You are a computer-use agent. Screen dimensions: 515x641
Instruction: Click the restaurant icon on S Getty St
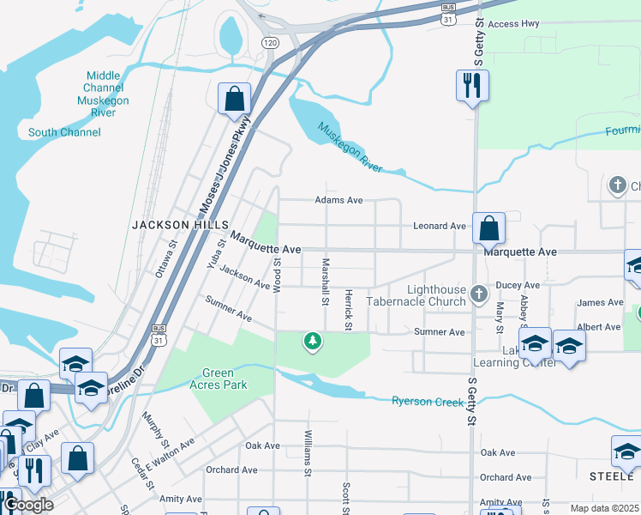click(x=471, y=85)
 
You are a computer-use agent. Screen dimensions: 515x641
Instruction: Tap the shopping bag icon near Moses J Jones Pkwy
click(x=234, y=99)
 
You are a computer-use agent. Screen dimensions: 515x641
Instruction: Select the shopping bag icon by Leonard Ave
click(x=488, y=228)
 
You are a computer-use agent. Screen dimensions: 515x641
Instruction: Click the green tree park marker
click(x=314, y=342)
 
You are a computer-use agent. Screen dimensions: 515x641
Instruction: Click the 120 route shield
click(x=271, y=43)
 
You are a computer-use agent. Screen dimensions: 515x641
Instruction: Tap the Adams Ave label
click(x=339, y=200)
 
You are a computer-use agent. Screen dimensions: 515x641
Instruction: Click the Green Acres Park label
click(x=225, y=379)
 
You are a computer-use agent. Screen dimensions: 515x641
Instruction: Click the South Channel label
click(x=64, y=132)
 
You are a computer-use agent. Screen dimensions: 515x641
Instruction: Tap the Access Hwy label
click(x=513, y=24)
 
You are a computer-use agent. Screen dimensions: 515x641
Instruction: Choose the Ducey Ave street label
click(x=518, y=285)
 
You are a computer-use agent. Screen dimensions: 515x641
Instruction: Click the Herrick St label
click(x=349, y=309)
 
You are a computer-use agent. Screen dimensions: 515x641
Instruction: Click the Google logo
click(x=28, y=505)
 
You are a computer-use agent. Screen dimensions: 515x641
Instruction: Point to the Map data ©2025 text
click(x=604, y=508)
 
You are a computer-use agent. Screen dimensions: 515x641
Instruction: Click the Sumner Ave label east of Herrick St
click(x=439, y=331)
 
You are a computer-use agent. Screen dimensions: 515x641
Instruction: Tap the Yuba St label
click(x=215, y=254)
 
